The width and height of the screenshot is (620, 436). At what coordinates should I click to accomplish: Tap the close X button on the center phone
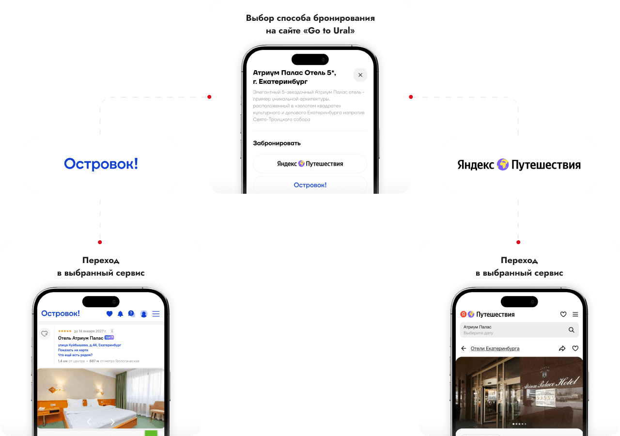click(360, 75)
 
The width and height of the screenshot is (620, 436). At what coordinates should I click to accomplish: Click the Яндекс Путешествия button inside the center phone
click(310, 164)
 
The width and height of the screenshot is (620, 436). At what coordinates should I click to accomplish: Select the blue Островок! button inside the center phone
click(310, 185)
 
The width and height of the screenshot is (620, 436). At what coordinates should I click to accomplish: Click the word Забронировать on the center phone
click(277, 143)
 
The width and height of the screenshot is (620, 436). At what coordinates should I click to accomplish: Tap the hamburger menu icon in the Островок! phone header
click(156, 314)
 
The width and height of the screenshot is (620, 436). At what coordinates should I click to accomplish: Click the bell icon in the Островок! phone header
click(120, 314)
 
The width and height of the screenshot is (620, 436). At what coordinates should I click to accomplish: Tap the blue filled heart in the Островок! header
click(109, 314)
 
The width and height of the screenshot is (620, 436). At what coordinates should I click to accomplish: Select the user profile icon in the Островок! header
click(144, 314)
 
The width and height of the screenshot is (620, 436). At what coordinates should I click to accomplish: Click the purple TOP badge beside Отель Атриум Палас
click(109, 337)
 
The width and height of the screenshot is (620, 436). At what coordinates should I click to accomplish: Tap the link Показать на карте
click(73, 350)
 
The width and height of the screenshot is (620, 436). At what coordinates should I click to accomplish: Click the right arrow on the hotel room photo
click(113, 422)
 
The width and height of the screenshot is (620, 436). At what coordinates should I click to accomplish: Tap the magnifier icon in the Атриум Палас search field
click(572, 330)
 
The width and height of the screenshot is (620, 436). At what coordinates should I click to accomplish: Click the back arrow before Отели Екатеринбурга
click(464, 348)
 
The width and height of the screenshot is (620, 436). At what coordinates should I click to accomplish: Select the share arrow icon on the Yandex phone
click(562, 348)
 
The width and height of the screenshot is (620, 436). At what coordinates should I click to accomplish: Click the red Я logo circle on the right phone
click(463, 314)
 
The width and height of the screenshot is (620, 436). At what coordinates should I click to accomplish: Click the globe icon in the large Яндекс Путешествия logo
click(503, 165)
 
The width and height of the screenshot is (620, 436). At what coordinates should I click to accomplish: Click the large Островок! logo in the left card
click(101, 164)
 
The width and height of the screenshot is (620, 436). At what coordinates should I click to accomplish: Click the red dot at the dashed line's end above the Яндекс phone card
click(518, 242)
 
